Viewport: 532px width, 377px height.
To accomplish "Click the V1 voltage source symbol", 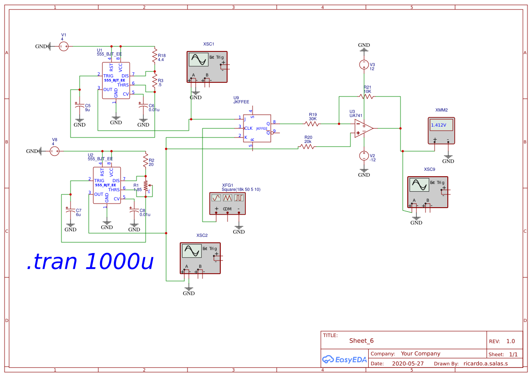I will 64,46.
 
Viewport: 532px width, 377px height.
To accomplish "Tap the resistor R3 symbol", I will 155,82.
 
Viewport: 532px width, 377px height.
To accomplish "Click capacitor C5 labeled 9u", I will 79,105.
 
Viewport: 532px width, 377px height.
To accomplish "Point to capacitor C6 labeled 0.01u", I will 143,105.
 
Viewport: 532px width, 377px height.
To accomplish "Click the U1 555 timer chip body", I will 116,82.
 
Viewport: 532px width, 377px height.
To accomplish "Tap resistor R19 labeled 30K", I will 312,123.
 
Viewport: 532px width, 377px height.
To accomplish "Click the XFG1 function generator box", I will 228,203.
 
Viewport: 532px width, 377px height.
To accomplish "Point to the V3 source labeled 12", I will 364,65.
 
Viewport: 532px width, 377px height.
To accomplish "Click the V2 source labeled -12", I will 364,156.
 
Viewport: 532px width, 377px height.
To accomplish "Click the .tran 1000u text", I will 90,261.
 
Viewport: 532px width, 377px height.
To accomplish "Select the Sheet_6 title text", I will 361,341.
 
